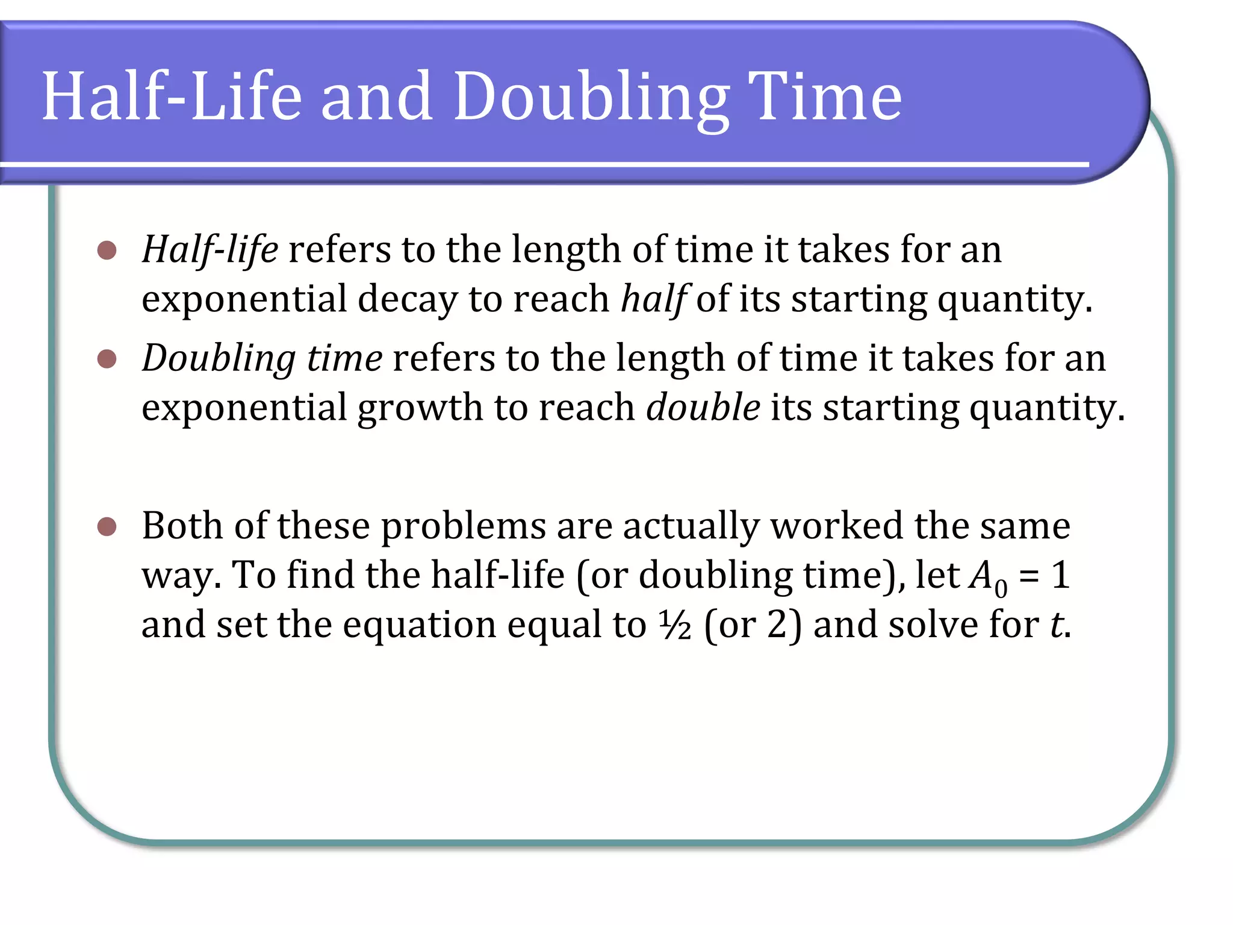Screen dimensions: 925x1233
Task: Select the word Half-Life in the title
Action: [x=172, y=96]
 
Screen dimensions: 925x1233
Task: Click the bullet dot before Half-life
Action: [x=107, y=251]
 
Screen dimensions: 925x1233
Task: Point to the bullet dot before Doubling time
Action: [x=107, y=359]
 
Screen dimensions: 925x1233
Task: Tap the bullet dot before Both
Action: [x=107, y=527]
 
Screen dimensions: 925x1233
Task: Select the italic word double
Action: [x=703, y=408]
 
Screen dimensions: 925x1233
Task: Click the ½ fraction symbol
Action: [x=674, y=625]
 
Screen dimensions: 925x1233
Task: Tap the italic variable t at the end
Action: [x=1057, y=624]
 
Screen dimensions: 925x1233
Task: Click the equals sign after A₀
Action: [x=1029, y=576]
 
